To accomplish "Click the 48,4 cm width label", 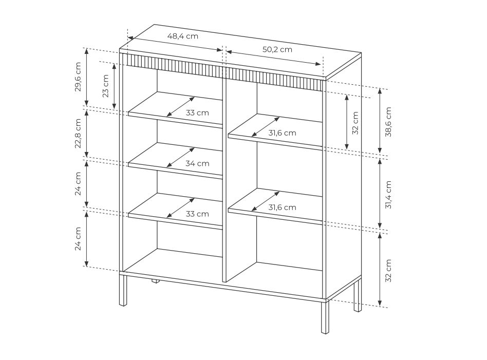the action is point(183,36).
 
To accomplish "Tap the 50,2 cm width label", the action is point(277,49).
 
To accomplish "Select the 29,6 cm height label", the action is point(78,77).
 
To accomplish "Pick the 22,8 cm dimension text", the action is point(78,133).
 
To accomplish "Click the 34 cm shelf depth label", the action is point(198,163).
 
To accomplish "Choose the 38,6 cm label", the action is point(388,122).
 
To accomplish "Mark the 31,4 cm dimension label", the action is point(388,195).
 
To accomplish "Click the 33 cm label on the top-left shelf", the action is point(198,113).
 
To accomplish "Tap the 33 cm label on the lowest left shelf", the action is point(198,214).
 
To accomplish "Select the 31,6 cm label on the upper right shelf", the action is point(283,133).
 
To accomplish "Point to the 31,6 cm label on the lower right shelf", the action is point(283,207).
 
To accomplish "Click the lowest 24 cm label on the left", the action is point(78,239).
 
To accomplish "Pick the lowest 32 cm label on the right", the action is point(388,271).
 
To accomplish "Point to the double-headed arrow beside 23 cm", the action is point(114,86).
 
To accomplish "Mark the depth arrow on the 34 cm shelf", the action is point(180,158).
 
